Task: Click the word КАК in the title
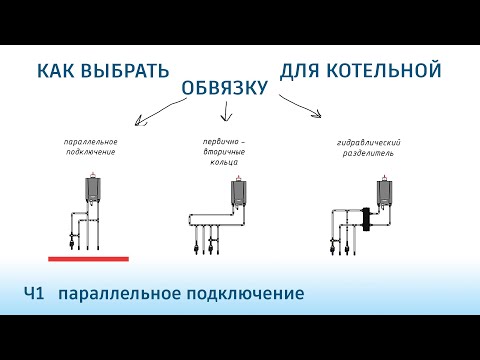click(x=56, y=72)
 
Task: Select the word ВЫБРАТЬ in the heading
click(x=123, y=72)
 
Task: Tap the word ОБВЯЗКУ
click(x=225, y=89)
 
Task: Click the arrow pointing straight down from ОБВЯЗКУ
click(x=229, y=120)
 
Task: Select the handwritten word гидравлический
click(x=369, y=144)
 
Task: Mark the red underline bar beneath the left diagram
click(x=88, y=258)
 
